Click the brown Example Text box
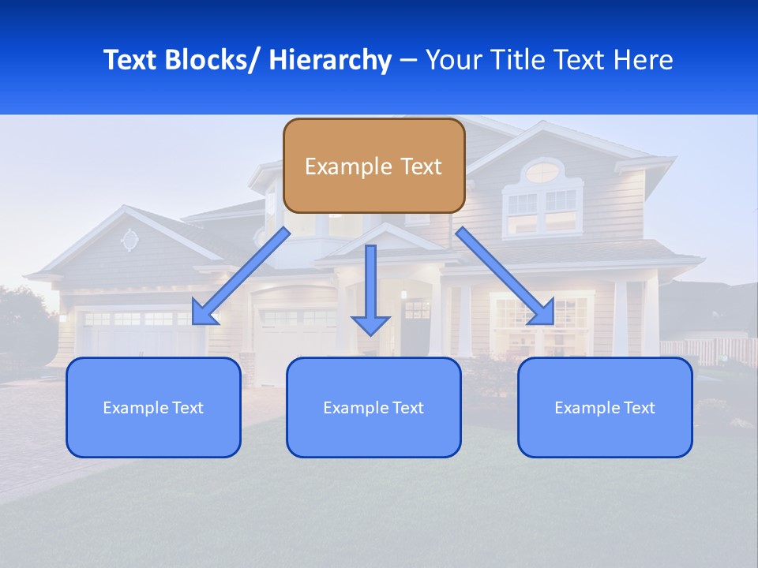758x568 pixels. pyautogui.click(x=373, y=166)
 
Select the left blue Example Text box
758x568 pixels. pyautogui.click(x=153, y=407)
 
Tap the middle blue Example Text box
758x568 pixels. pyautogui.click(x=373, y=407)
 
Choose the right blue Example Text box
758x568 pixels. pyautogui.click(x=605, y=407)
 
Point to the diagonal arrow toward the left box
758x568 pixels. pyautogui.click(x=241, y=277)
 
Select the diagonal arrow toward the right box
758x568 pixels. pyautogui.click(x=505, y=276)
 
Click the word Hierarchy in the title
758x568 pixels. pyautogui.click(x=330, y=60)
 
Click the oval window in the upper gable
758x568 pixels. pyautogui.click(x=541, y=172)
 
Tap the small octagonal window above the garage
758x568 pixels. pyautogui.click(x=129, y=239)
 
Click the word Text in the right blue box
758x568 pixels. pyautogui.click(x=640, y=407)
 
